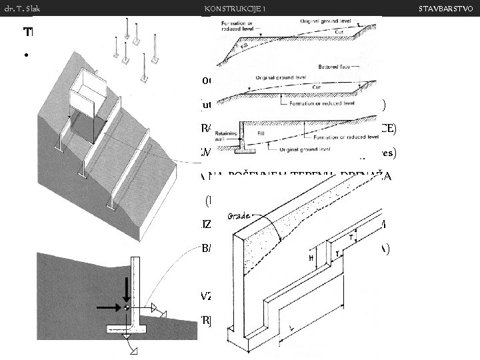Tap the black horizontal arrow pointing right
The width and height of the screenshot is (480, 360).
(107, 308)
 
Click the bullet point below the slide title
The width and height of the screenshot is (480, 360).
(25, 55)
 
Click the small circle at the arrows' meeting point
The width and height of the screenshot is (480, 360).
(126, 308)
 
